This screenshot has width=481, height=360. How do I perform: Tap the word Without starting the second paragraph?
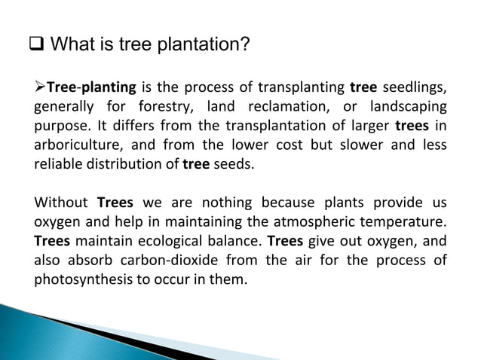click(x=61, y=203)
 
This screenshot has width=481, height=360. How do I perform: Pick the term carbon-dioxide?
click(x=174, y=260)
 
